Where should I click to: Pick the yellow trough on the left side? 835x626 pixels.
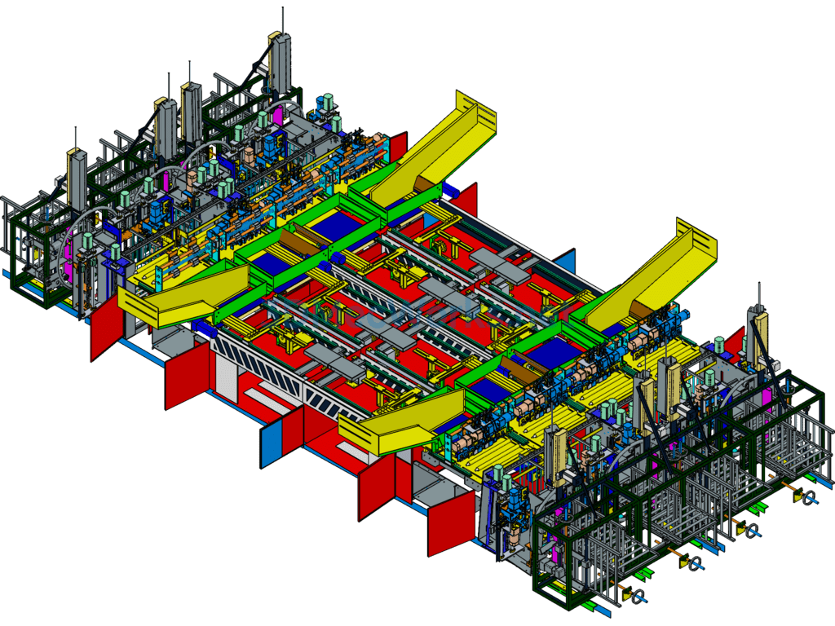point(183,294)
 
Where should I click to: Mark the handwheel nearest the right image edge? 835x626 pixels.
point(808,498)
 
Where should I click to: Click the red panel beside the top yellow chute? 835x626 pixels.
point(398,147)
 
